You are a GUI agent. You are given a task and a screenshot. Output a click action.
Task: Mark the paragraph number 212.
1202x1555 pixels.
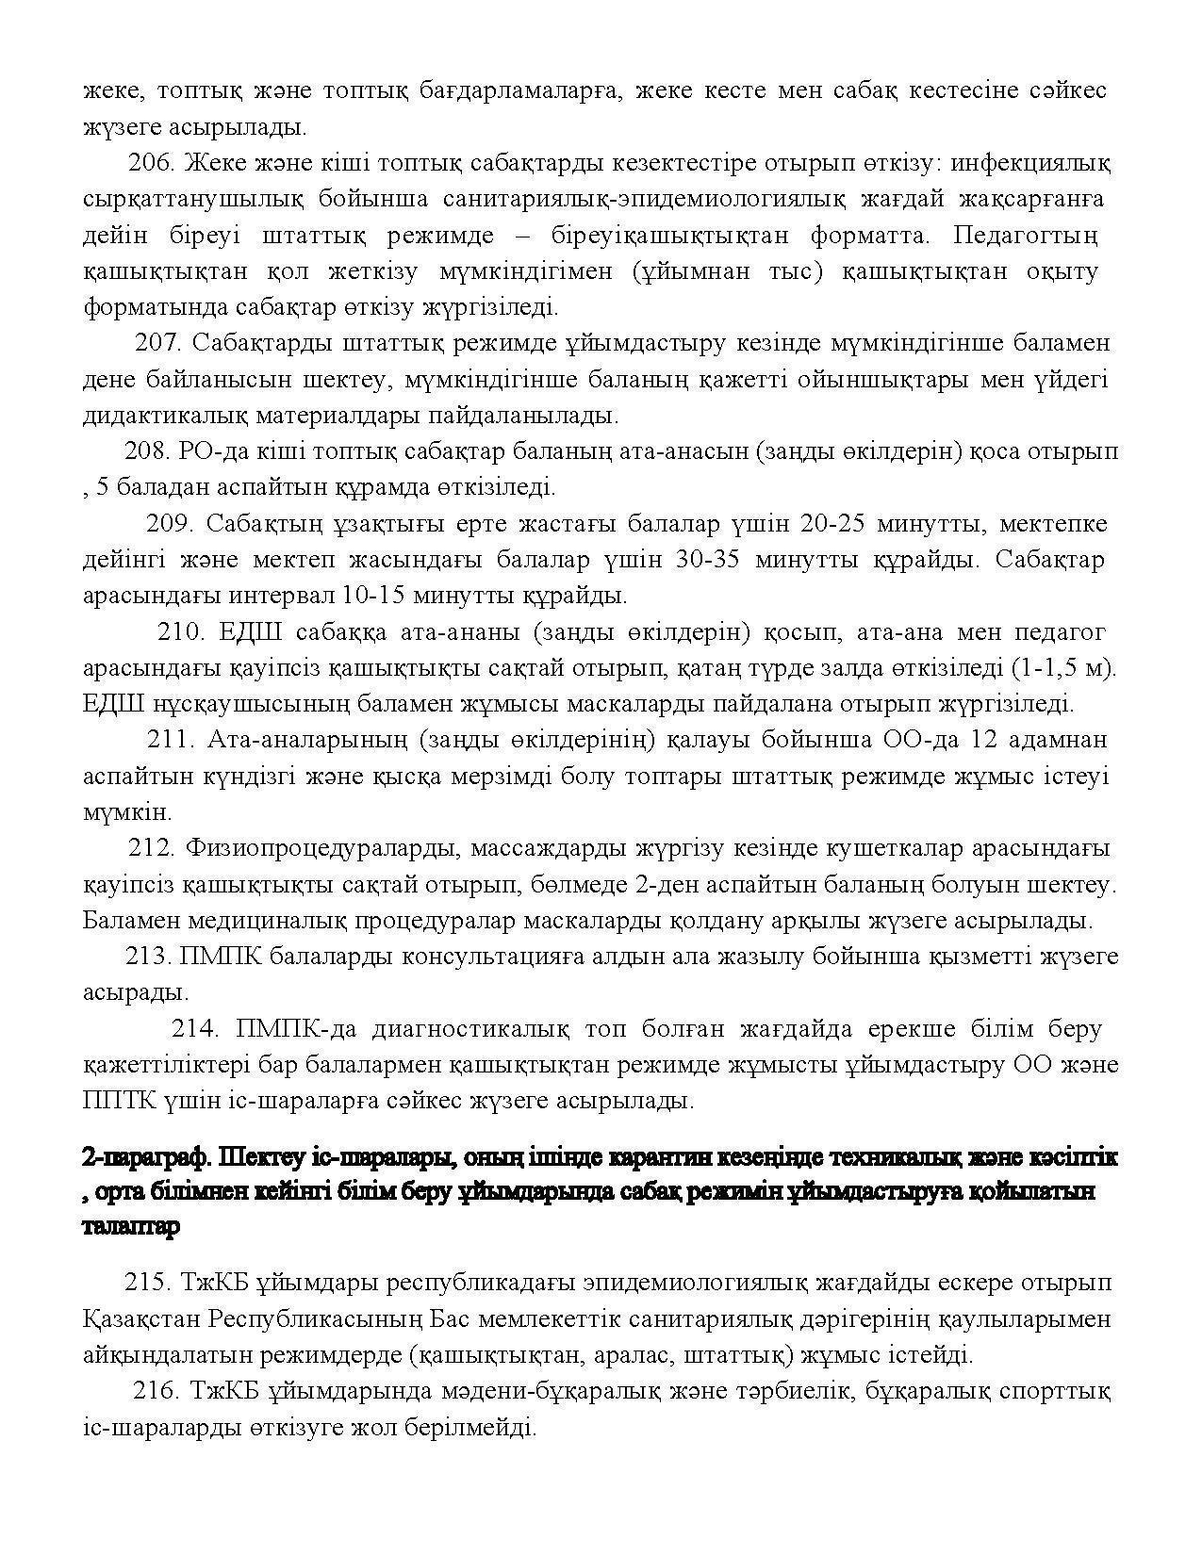152,848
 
